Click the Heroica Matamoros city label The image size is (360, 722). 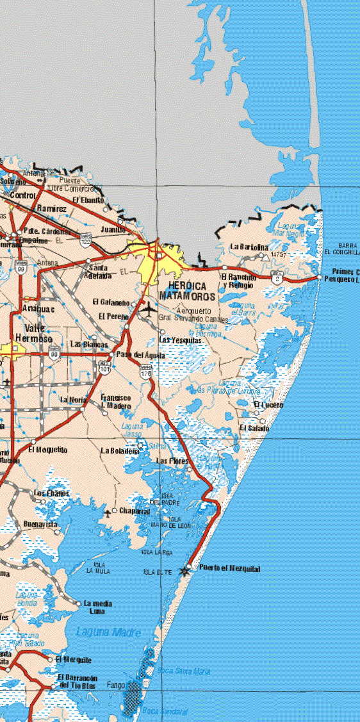click(x=192, y=291)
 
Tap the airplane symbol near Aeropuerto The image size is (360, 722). click(x=149, y=309)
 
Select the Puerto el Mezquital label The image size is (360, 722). click(x=229, y=568)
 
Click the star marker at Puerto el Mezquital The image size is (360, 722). click(x=186, y=570)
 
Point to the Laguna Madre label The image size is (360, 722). click(x=108, y=632)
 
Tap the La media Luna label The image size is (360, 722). click(x=98, y=607)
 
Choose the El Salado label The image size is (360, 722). click(x=252, y=428)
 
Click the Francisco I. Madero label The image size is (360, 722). click(x=116, y=402)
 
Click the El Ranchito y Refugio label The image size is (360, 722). click(x=239, y=281)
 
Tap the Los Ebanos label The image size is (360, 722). click(x=51, y=493)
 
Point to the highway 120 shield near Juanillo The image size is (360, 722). click(x=86, y=238)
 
